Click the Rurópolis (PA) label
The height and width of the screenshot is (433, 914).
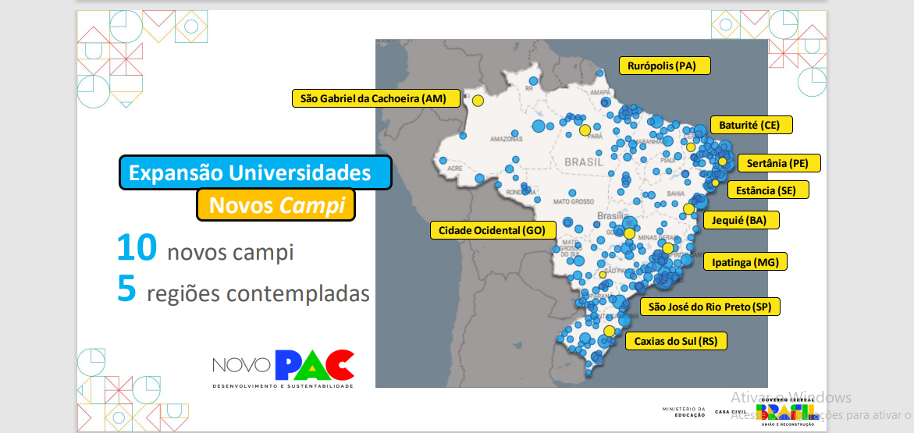coord(664,66)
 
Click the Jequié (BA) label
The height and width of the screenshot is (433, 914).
coord(740,220)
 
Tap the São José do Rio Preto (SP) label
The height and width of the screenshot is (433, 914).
coord(710,307)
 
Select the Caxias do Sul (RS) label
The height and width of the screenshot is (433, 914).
coord(675,341)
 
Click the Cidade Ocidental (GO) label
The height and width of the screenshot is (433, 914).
coord(492,230)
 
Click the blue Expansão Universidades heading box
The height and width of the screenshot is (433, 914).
coord(255,172)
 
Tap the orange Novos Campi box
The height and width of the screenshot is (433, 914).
coord(276,204)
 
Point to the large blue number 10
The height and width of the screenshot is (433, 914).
coord(137,248)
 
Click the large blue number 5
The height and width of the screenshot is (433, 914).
coord(127,289)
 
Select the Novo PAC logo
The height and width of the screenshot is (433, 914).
coord(283,368)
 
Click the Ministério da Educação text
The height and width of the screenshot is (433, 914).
coord(683,411)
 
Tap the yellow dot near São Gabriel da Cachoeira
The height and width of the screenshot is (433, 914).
coord(478,100)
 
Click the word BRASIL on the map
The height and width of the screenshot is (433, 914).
coord(578,161)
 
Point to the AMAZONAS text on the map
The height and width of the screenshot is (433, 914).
coord(507,139)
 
